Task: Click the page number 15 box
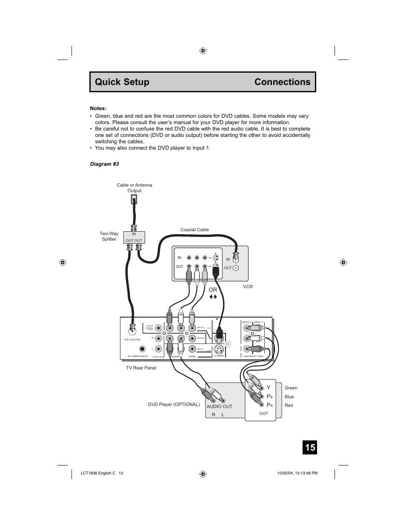point(310,447)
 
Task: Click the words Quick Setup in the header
point(122,82)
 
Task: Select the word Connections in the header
point(282,82)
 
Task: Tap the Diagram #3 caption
point(104,164)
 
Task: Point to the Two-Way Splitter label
point(109,236)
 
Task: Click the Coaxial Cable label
point(194,230)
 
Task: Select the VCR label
point(248,287)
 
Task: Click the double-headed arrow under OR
point(213,297)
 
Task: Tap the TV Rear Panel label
point(141,368)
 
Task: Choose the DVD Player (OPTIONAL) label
point(174,404)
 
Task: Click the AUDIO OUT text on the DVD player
point(220,406)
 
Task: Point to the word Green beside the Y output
point(291,388)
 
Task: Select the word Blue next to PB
point(289,397)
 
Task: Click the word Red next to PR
point(289,405)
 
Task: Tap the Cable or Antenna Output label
point(134,188)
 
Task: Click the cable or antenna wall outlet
point(134,199)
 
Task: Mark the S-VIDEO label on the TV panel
point(219,356)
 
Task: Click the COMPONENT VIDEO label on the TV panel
point(253,356)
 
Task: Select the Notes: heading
point(98,108)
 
